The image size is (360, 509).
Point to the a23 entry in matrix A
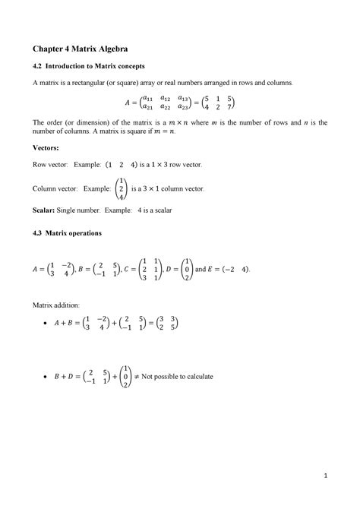pos(183,108)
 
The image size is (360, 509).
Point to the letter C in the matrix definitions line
pos(126,268)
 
